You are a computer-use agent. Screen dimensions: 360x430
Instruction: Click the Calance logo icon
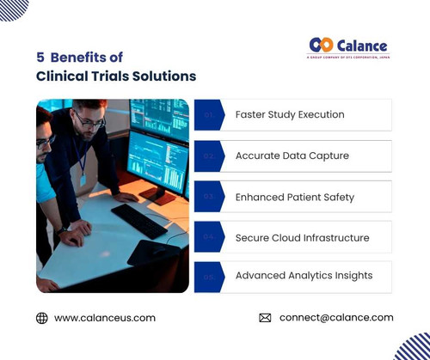(x=320, y=45)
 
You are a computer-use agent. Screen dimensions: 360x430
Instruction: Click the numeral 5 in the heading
(x=40, y=58)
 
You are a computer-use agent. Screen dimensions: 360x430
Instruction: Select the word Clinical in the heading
(x=58, y=76)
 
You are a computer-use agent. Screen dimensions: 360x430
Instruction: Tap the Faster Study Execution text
(x=290, y=115)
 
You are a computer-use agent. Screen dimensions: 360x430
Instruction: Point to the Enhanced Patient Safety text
(x=294, y=197)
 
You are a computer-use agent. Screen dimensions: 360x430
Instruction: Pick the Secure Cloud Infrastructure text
(x=302, y=237)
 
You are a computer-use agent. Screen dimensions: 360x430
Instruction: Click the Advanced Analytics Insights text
(x=304, y=276)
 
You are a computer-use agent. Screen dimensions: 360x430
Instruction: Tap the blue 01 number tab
(x=208, y=115)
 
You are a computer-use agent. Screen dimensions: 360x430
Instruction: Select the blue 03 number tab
(x=208, y=197)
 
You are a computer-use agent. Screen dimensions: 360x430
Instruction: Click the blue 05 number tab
(x=208, y=277)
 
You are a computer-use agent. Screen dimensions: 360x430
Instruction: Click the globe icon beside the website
(x=42, y=318)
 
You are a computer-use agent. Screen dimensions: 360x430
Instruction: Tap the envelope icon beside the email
(x=265, y=318)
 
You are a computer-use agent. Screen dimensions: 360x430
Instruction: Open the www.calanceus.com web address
(x=105, y=318)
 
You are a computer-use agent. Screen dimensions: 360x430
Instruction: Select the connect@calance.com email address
(x=336, y=318)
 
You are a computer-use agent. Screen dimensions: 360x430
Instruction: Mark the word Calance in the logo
(x=362, y=46)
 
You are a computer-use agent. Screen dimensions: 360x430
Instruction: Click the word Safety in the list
(x=335, y=197)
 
